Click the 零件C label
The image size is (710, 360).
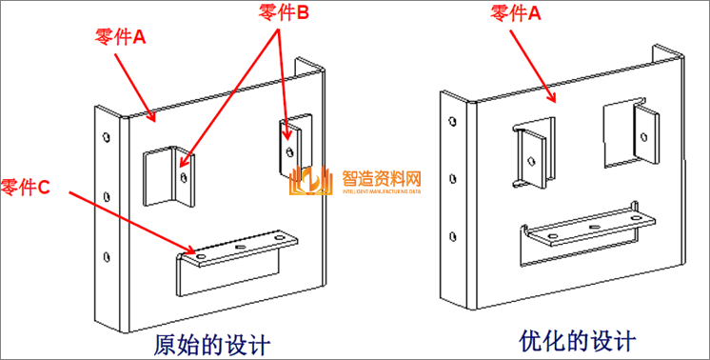coord(26,188)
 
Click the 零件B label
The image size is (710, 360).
coord(284,13)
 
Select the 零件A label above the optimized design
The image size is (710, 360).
coord(516,12)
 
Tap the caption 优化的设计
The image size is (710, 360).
coord(578,340)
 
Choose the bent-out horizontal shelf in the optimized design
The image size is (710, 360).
coord(590,231)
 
